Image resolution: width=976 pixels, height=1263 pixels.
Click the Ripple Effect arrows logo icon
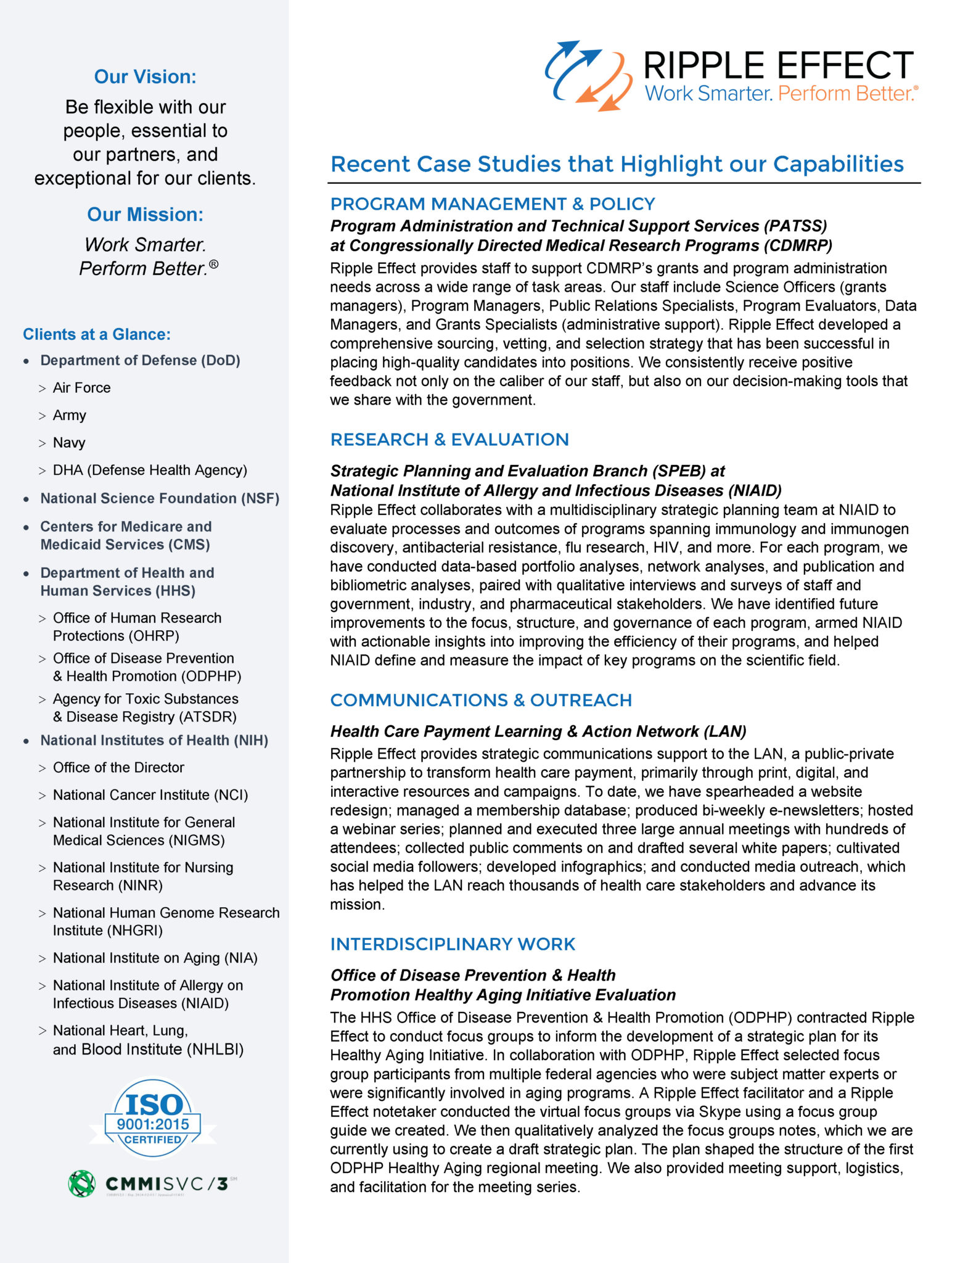pyautogui.click(x=588, y=75)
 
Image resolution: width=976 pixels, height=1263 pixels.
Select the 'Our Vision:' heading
pyautogui.click(x=145, y=76)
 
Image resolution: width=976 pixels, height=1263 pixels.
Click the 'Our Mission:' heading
pyautogui.click(x=145, y=214)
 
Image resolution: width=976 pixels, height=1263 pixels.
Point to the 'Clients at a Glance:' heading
pyautogui.click(x=97, y=334)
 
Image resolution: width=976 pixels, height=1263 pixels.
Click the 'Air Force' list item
pyautogui.click(x=81, y=388)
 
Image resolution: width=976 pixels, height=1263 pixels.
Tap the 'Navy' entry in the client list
pyautogui.click(x=69, y=443)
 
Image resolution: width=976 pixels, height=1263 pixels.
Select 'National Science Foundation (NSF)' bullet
pyautogui.click(x=160, y=498)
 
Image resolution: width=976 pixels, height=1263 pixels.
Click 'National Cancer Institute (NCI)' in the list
pyautogui.click(x=150, y=795)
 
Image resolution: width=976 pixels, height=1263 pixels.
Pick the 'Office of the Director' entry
pyautogui.click(x=118, y=768)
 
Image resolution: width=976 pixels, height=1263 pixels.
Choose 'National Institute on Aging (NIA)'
pyautogui.click(x=155, y=958)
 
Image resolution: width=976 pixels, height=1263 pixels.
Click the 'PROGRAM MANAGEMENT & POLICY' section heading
pyautogui.click(x=492, y=204)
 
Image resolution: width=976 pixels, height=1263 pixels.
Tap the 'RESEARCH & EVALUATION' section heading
pyautogui.click(x=449, y=440)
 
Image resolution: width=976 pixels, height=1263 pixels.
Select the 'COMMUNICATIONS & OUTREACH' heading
pyautogui.click(x=481, y=701)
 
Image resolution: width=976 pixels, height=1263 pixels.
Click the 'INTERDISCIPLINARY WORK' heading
pyautogui.click(x=453, y=944)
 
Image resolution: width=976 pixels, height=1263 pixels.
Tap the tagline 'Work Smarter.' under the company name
pyautogui.click(x=708, y=94)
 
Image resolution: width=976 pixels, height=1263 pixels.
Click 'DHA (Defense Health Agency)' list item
pyautogui.click(x=150, y=471)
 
